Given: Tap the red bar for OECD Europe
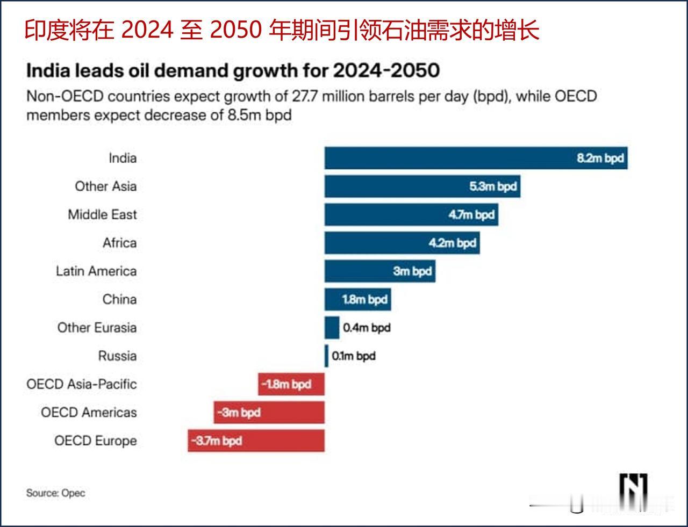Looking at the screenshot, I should [256, 441].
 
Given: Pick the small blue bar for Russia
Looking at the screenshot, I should [326, 356].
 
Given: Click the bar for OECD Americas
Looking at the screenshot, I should [269, 413].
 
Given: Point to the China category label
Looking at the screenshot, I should [119, 299].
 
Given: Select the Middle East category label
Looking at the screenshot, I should [102, 214].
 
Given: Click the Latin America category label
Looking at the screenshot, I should [96, 271].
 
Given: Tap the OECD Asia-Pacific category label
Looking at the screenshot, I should [82, 384].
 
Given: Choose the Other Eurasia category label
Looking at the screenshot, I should [97, 328].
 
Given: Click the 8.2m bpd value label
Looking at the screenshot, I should [600, 158].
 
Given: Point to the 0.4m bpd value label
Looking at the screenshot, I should [367, 328].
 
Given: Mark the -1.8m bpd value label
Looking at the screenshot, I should [286, 385].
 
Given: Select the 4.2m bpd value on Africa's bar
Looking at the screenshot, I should [452, 243].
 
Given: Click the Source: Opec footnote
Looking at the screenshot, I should [56, 493].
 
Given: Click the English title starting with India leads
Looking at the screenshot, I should [233, 71].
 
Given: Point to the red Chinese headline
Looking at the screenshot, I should [282, 31].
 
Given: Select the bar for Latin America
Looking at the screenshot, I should [379, 271].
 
